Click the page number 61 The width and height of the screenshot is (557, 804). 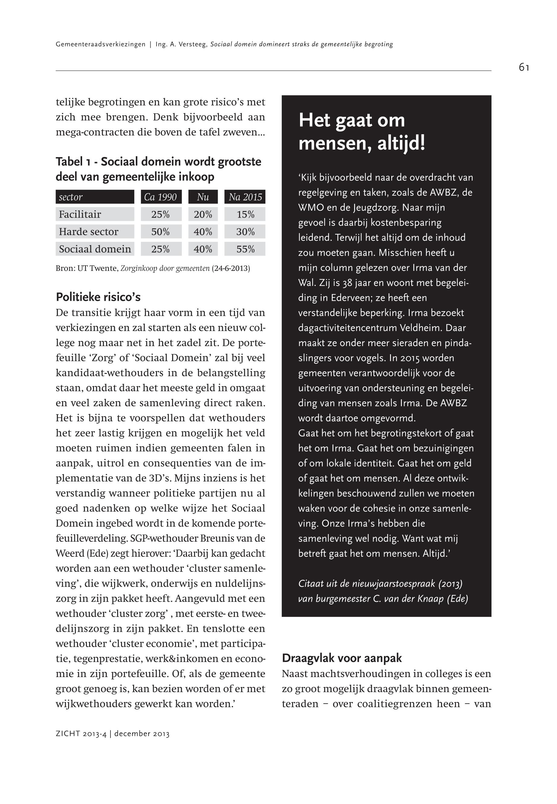coord(523,67)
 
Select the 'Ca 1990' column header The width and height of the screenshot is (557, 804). coord(161,197)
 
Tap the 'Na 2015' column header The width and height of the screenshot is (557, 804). coord(245,197)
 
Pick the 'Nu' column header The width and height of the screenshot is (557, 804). coord(203,197)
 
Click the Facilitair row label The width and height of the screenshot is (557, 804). coord(80,214)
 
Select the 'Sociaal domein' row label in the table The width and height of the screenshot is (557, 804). coord(95,249)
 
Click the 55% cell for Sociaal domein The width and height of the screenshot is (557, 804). coord(245,249)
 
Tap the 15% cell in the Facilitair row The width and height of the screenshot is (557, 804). coord(245,214)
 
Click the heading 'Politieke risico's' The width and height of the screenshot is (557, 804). coord(98,297)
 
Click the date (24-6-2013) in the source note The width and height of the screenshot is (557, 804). coord(231,269)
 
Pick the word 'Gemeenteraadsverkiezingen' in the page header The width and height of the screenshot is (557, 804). coord(101,44)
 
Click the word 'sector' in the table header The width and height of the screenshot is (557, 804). coord(71,197)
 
